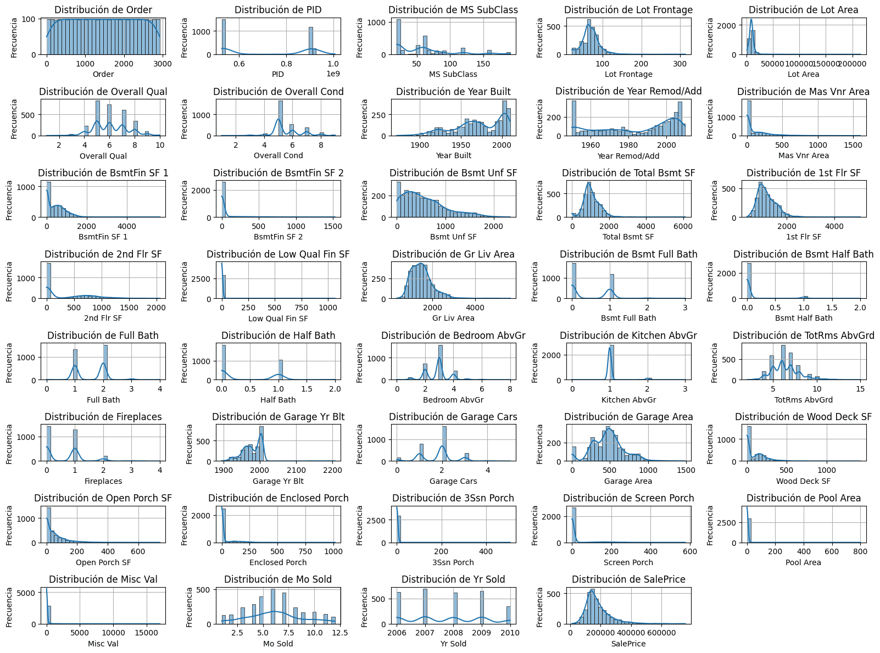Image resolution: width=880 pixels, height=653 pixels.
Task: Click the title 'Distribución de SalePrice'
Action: coord(628,579)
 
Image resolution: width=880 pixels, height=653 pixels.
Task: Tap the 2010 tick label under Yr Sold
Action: coord(510,633)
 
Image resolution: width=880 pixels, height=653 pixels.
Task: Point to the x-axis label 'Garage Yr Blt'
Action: coord(278,481)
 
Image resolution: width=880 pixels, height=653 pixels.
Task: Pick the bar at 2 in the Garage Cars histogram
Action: coord(444,444)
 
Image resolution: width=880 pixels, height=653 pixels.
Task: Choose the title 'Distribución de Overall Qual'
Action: coord(103,92)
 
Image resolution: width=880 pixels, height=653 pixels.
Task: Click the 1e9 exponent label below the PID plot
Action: coord(333,74)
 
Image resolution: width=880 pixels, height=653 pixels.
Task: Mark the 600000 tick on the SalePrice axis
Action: coord(661,633)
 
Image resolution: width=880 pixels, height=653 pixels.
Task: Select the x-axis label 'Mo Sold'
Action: coord(278,644)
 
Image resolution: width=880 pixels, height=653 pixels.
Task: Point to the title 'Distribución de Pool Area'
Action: coord(803,498)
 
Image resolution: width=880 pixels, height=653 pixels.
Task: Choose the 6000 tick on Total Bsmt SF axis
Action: coord(682,226)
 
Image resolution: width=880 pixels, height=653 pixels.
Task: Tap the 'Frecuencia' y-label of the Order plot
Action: coord(14,37)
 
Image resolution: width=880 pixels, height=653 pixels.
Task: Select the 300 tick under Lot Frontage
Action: coord(680,64)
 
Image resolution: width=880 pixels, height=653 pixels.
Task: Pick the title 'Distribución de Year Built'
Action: coord(453,92)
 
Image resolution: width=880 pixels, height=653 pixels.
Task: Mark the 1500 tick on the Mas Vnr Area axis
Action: coord(853,145)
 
